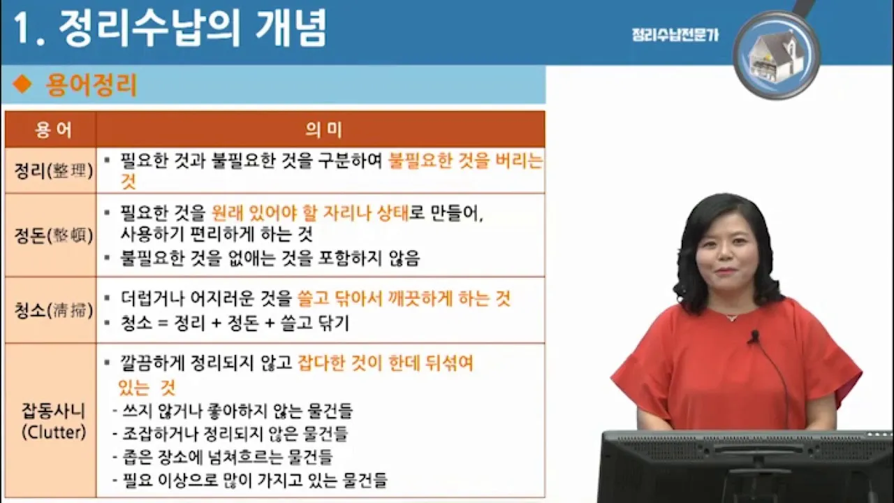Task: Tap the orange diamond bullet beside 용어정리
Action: tap(23, 85)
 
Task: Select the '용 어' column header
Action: tap(50, 129)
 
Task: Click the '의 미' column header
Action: tap(321, 129)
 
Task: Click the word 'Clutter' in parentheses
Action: tap(53, 432)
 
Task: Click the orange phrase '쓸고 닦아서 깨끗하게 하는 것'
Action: tap(404, 299)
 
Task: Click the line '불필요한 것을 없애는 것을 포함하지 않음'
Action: tap(270, 258)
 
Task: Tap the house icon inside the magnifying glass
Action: tap(775, 56)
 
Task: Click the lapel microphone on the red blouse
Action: tap(753, 337)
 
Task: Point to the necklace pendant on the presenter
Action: tap(731, 317)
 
